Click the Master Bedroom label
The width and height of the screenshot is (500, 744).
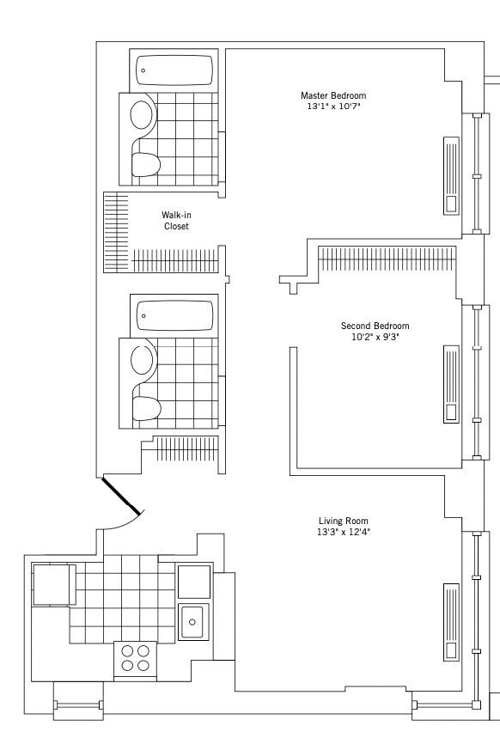click(333, 95)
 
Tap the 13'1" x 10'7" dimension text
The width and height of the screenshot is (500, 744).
click(333, 107)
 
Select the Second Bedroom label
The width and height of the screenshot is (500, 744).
click(375, 326)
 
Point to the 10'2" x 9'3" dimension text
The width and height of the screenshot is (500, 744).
click(375, 338)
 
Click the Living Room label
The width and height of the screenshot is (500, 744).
click(343, 521)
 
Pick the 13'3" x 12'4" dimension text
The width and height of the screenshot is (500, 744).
click(343, 532)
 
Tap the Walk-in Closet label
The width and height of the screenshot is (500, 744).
click(176, 221)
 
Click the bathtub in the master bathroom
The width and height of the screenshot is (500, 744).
click(174, 70)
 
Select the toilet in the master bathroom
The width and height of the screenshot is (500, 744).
click(146, 164)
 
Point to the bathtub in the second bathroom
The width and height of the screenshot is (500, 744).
click(174, 315)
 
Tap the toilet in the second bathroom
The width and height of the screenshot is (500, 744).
click(146, 409)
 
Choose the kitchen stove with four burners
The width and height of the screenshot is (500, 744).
click(135, 659)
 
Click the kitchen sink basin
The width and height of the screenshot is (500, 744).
click(192, 622)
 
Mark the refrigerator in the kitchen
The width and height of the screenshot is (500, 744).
click(53, 584)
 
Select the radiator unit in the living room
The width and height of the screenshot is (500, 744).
click(451, 622)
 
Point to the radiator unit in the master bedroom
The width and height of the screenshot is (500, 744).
click(452, 175)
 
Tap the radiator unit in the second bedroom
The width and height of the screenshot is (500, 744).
click(451, 384)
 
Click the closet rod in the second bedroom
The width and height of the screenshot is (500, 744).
click(387, 259)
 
